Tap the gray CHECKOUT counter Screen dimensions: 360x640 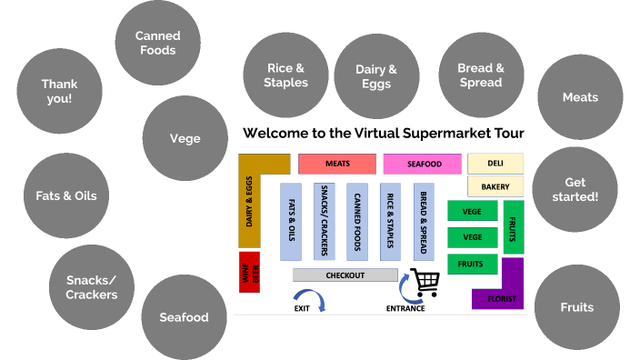[345, 275]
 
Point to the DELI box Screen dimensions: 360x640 [495, 164]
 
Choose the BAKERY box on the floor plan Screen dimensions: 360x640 [495, 186]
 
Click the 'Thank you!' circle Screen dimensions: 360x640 [59, 91]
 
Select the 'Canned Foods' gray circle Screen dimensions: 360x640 [157, 43]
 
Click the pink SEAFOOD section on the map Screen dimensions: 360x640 [423, 164]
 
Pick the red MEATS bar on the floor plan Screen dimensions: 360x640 [336, 164]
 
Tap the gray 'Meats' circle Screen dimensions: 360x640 [580, 97]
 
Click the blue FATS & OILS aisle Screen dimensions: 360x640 [292, 221]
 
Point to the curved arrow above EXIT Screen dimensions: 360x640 [310, 296]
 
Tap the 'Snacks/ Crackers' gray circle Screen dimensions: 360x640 [91, 287]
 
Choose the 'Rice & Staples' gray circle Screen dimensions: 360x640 [285, 75]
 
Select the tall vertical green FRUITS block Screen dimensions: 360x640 [514, 227]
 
